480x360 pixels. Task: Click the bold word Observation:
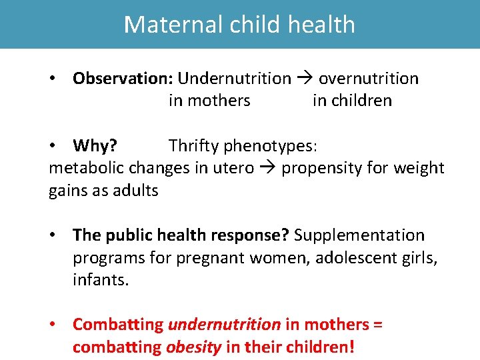click(123, 79)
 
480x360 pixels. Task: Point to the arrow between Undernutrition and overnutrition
click(305, 79)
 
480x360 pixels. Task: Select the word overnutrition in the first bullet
click(369, 79)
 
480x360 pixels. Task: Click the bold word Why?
click(95, 145)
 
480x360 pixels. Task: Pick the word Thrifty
click(194, 145)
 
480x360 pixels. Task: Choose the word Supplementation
click(359, 235)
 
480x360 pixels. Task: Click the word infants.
click(100, 280)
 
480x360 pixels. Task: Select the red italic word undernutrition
click(225, 325)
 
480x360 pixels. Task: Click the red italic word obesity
click(193, 347)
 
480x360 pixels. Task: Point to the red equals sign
click(378, 325)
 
